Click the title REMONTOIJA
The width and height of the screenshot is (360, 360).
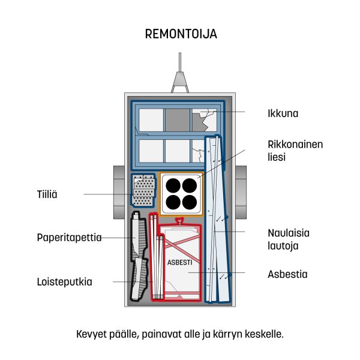coord(181,34)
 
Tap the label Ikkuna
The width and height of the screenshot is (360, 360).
coord(283,113)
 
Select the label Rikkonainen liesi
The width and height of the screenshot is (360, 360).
coord(295,151)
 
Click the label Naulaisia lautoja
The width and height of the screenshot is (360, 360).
coord(289,239)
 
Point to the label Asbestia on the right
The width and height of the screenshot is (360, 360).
coord(287,274)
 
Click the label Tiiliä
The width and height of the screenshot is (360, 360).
coord(47,194)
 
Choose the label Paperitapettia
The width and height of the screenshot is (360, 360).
coord(70,238)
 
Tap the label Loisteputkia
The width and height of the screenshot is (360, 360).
coord(65,282)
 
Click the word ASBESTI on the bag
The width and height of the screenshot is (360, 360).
coord(179,262)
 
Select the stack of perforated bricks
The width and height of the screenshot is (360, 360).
coord(143,190)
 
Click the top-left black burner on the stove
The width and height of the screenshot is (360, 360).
coord(173,185)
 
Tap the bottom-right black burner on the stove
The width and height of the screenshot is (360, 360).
coord(190,203)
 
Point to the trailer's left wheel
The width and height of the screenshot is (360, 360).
coord(119,193)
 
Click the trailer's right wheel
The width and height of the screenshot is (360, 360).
coord(241,193)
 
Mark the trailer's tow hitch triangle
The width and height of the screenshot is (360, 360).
coord(180,82)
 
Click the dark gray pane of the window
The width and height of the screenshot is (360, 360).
coord(178,120)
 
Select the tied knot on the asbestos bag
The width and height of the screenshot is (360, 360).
coord(180,221)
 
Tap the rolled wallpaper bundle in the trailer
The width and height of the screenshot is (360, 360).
coord(139,256)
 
